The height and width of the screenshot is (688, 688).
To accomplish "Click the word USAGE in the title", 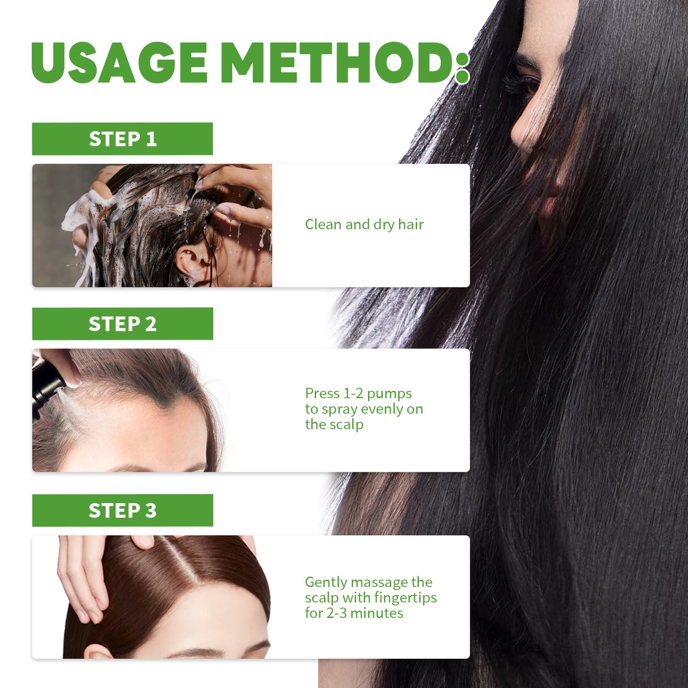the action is click(119, 62).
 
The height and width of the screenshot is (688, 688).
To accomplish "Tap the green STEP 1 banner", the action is click(122, 139).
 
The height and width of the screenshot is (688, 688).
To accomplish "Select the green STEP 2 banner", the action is click(122, 324).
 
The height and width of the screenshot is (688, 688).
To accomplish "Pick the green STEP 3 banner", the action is click(122, 510).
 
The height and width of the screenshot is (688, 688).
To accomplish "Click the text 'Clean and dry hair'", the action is click(364, 225).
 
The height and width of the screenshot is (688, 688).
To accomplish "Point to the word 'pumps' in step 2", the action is click(389, 394).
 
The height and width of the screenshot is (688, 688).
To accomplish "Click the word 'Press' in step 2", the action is click(322, 394).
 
